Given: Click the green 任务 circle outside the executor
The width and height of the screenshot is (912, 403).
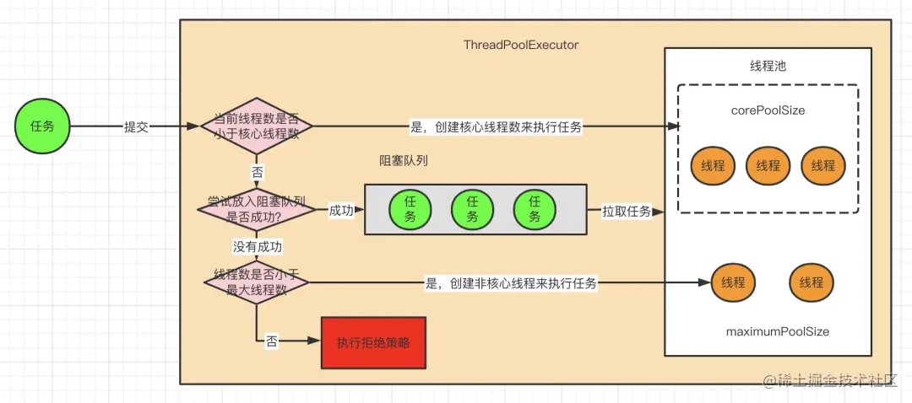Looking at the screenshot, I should (42, 126).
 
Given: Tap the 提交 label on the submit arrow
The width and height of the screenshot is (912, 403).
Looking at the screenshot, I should (136, 126).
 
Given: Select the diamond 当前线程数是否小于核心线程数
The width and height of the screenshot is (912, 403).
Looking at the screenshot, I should (257, 126).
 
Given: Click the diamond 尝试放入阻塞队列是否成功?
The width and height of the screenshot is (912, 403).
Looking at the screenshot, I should (257, 209).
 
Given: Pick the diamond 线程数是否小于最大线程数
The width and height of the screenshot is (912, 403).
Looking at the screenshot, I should (257, 282).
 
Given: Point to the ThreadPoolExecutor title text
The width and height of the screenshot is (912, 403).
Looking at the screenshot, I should (521, 45).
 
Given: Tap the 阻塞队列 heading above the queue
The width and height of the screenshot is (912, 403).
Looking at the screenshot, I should (404, 160).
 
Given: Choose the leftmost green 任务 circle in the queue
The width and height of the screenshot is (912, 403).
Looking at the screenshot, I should (410, 209).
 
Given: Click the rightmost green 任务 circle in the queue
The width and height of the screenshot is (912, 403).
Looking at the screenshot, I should (535, 209).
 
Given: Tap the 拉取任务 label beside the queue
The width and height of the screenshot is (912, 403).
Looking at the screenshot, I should (626, 211).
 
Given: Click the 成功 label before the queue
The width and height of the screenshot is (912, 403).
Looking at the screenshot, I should (341, 210).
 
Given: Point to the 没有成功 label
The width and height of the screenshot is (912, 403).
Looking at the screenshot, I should (258, 247).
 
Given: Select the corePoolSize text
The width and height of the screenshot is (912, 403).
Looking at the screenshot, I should (768, 110).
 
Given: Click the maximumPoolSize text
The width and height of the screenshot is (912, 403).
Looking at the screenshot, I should (777, 331).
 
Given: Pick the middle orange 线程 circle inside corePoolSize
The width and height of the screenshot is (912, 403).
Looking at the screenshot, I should (768, 165).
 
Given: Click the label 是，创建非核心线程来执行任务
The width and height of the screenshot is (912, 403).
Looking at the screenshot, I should (510, 283).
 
